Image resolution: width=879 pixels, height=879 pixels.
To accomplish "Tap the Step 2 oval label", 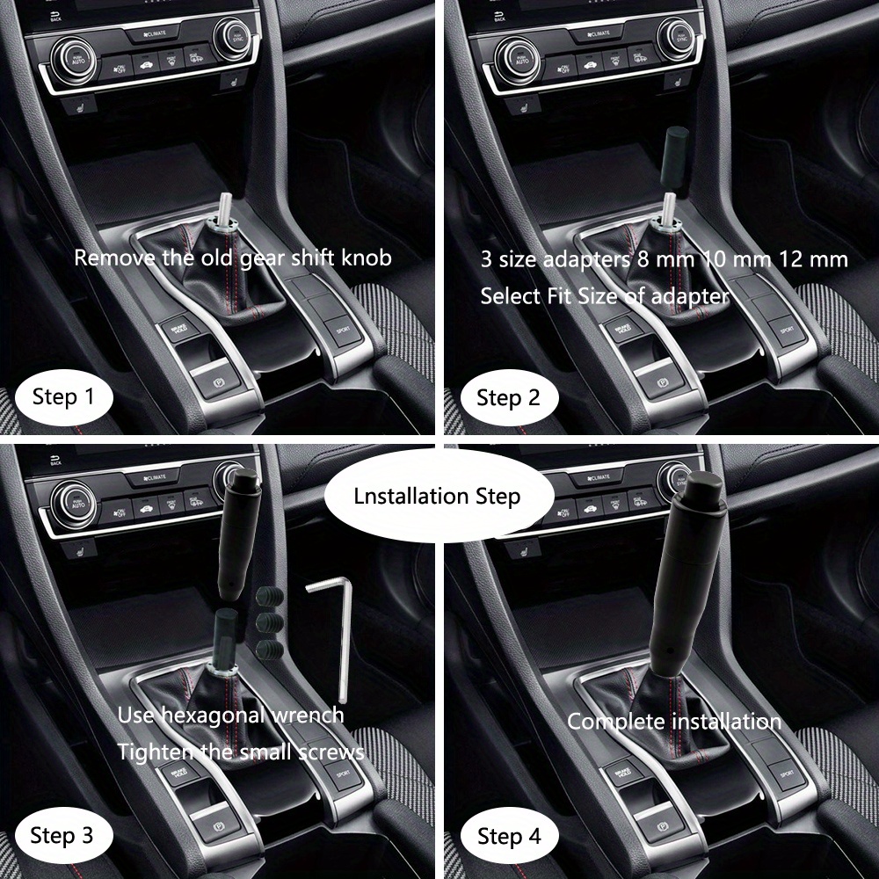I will [x=508, y=398].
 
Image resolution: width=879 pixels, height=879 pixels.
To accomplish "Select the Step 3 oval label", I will [x=62, y=835].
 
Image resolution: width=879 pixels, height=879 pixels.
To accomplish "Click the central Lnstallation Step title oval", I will [x=437, y=496].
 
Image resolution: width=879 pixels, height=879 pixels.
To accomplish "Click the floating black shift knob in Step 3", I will [x=236, y=536].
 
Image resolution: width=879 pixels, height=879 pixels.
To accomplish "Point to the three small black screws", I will [x=266, y=623].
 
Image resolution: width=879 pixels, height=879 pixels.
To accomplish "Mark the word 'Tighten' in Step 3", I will [x=151, y=752].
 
